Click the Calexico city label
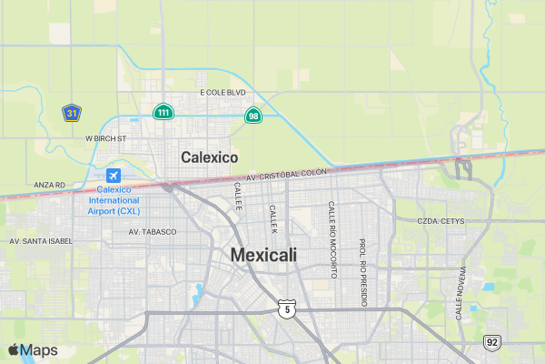pyautogui.click(x=209, y=157)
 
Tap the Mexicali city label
pyautogui.click(x=263, y=256)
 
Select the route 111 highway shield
pyautogui.click(x=163, y=112)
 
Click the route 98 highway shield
pyautogui.click(x=253, y=116)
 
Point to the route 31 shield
pyautogui.click(x=72, y=112)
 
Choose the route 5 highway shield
pyautogui.click(x=287, y=309)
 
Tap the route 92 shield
pyautogui.click(x=492, y=342)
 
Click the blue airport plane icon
pyautogui.click(x=114, y=175)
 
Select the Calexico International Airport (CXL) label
pyautogui.click(x=114, y=199)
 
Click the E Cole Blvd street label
pyautogui.click(x=223, y=93)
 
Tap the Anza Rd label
pyautogui.click(x=49, y=185)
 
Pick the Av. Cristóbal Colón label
pyautogui.click(x=285, y=174)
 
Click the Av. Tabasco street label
pyautogui.click(x=153, y=232)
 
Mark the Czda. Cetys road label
pyautogui.click(x=441, y=221)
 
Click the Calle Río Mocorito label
pyautogui.click(x=332, y=239)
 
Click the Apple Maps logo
pyautogui.click(x=33, y=350)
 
